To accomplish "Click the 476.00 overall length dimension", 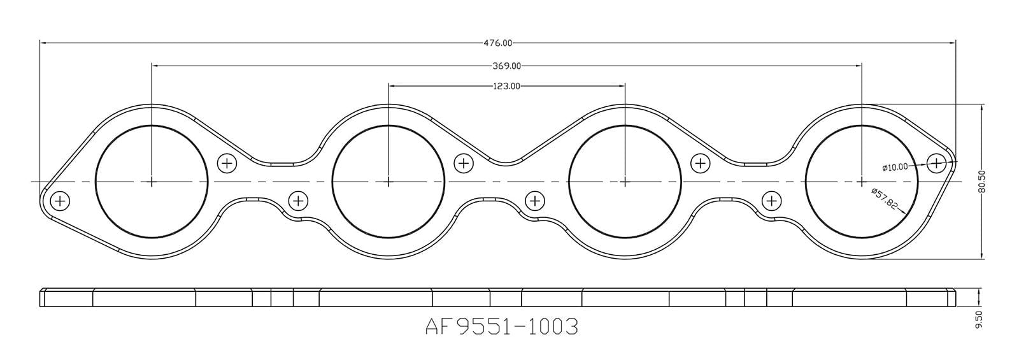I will pos(497,43).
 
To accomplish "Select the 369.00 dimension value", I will pos(507,66).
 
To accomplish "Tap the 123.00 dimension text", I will pos(506,86).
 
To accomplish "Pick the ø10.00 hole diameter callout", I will pos(895,168).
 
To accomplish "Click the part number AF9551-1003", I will pos(501,327).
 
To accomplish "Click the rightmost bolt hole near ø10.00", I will pos(936,163).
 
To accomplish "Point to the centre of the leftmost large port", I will pos(152,182).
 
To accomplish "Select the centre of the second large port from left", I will pos(388,182).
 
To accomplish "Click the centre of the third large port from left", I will pos(625,182).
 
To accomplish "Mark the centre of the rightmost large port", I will pos(862,182).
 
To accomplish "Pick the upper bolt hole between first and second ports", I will pos(227,163).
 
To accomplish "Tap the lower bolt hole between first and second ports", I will pos(298,201).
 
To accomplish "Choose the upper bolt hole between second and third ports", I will pos(464,163).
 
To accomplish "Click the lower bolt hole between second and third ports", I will pos(535,201).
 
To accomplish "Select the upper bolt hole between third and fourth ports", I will pos(701,163).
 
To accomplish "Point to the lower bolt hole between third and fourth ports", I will pos(771,201).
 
